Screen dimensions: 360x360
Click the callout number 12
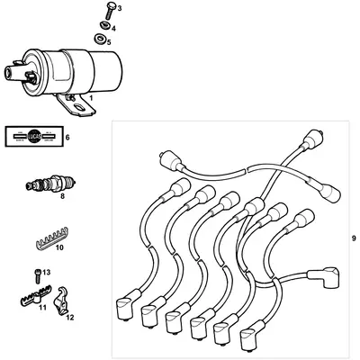pyautogui.click(x=69, y=318)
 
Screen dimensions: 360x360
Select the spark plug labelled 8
pyautogui.click(x=44, y=185)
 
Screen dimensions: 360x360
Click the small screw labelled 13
pyautogui.click(x=35, y=273)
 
